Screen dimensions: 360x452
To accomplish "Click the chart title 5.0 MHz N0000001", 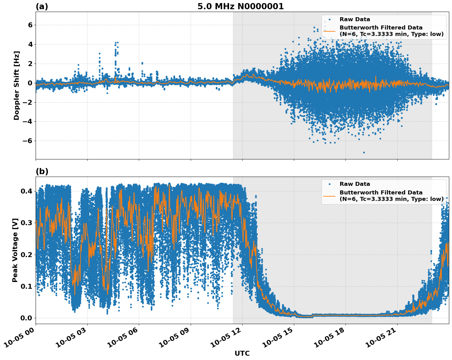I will tap(240, 6).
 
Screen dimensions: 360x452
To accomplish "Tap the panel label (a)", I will tap(42, 6).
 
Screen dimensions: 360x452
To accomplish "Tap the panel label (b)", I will tap(42, 171).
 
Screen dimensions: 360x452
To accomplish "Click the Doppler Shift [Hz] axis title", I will tap(17, 85).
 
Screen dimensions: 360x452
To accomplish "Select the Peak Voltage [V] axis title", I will tap(15, 250).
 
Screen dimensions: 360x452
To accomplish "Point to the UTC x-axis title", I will tap(242, 353).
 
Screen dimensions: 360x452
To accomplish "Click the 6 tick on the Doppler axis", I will tap(30, 25).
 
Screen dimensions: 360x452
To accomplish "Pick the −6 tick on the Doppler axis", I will tap(28, 141).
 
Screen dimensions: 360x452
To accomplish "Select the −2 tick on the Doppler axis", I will tap(28, 102).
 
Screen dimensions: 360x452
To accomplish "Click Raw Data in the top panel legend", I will tap(355, 19).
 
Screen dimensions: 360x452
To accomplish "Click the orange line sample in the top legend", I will tap(329, 31).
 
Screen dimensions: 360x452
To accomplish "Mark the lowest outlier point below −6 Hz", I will tap(364, 152).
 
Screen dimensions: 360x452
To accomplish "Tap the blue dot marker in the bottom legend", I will tap(329, 184).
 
